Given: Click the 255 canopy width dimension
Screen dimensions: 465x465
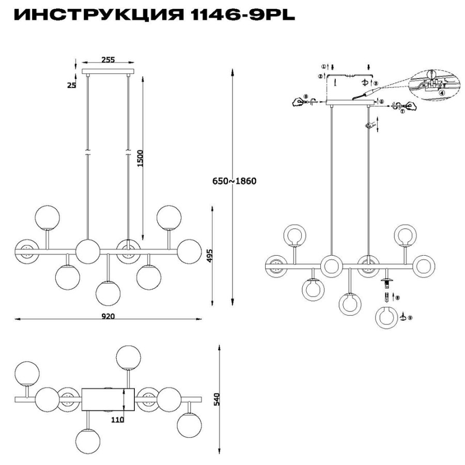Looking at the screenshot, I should point(107,60).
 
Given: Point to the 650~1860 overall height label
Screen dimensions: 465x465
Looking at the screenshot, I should point(234,181).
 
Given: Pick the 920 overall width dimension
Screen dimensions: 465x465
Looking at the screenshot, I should point(107,316).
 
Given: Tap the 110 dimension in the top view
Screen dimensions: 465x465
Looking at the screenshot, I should point(117,420).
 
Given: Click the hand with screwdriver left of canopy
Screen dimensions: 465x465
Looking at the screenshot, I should point(302,101).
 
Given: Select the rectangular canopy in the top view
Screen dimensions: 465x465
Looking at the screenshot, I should point(108,399).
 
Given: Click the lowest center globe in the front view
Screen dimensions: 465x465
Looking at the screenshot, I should point(108,293).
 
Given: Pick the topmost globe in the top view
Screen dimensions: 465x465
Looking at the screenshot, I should point(129,358).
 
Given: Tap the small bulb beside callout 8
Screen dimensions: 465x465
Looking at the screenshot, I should point(386,298).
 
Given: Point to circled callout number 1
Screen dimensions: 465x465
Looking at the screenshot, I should point(323,67).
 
